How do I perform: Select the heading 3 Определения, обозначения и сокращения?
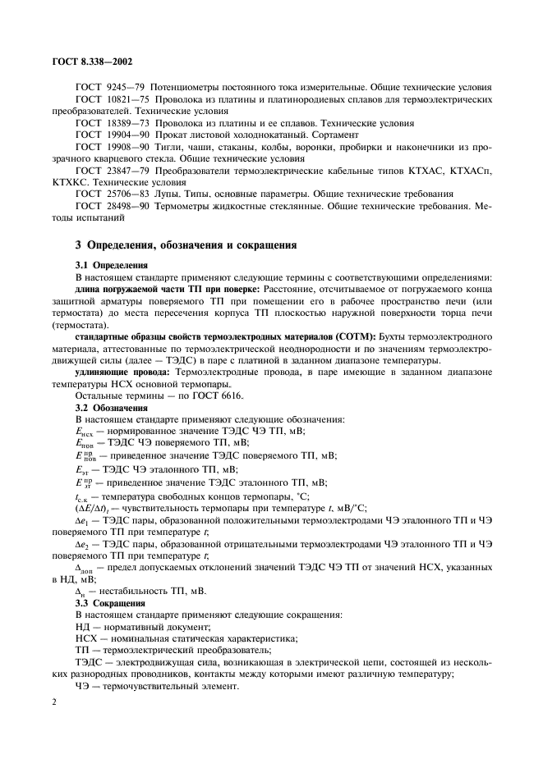[x=181, y=245]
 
